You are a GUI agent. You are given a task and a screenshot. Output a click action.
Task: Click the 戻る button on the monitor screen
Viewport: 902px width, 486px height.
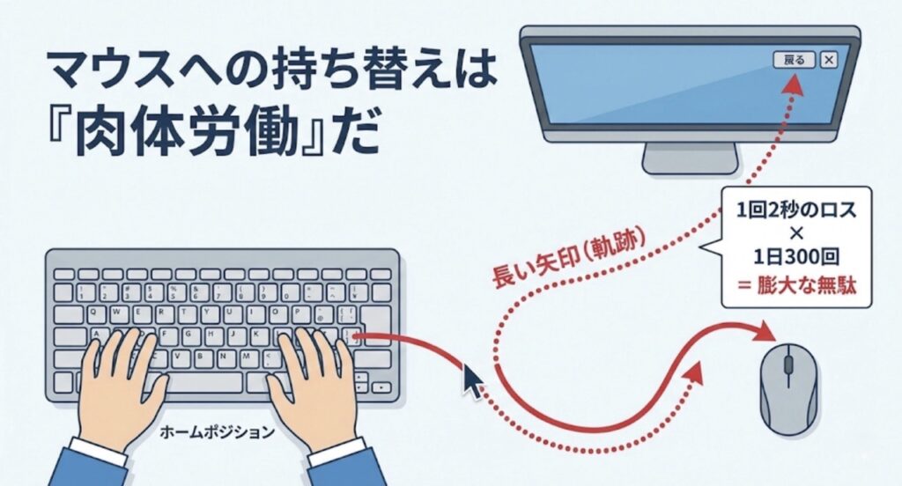(795, 59)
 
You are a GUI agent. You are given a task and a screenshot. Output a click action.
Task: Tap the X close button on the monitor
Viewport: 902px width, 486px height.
(828, 59)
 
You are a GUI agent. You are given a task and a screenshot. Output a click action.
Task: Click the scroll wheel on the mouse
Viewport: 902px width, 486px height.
(788, 364)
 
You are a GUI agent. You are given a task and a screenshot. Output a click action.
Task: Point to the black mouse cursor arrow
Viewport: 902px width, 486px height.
(473, 380)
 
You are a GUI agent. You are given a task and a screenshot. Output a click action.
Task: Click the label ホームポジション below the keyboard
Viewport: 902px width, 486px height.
(217, 431)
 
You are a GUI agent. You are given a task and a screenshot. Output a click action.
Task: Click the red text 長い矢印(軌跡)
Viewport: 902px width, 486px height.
(569, 256)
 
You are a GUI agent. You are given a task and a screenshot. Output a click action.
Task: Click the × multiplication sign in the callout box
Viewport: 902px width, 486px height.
(796, 234)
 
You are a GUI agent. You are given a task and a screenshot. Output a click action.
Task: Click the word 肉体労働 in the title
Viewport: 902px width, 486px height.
(186, 134)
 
